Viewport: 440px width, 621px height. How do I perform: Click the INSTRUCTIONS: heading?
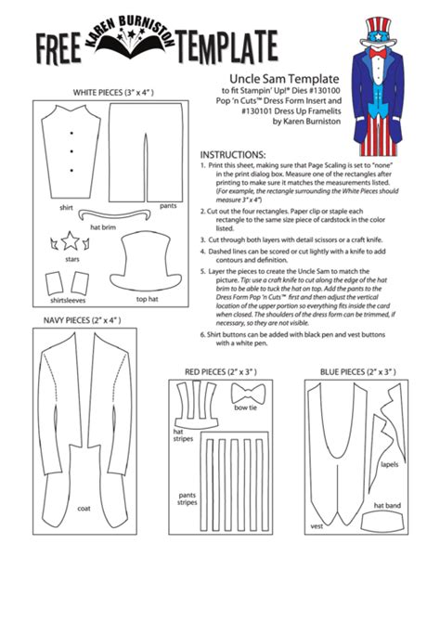233,154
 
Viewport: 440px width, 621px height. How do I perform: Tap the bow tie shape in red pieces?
245,395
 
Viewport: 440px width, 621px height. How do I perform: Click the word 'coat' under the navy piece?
84,508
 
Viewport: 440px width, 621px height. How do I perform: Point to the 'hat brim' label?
102,226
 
